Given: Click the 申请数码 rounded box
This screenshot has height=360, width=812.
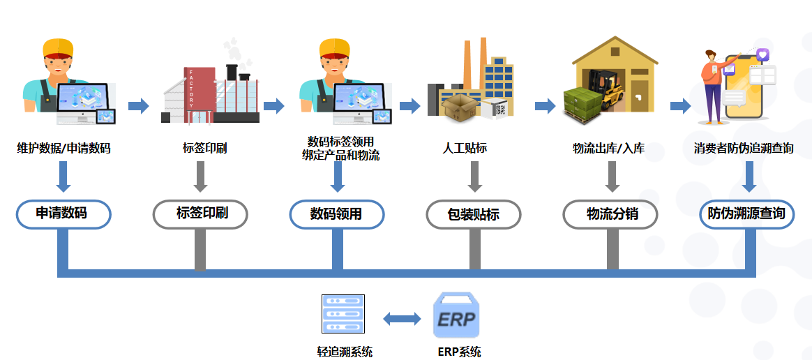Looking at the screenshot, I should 63,213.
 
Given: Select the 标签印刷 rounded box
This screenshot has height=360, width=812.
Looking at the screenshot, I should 200,213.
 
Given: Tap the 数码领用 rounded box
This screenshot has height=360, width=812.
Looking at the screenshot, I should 337,214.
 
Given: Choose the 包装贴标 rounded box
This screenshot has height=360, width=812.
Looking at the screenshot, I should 474,214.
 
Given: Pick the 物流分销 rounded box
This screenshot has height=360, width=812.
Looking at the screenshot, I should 610,214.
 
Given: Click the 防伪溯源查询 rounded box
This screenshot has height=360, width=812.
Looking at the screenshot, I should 747,214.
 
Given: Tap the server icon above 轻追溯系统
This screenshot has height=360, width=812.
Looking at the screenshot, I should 343,314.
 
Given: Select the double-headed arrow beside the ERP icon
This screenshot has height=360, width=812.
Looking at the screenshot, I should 403,319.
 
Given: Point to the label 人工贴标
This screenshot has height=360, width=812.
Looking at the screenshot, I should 465,149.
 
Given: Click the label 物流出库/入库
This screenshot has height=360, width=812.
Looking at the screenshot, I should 608,149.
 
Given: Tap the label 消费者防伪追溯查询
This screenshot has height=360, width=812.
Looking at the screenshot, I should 744,149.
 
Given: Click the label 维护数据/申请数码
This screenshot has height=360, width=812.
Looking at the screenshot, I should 63,149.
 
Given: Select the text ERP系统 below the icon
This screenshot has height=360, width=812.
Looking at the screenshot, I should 459,351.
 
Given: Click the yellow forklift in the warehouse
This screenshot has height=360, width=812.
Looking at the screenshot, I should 611,87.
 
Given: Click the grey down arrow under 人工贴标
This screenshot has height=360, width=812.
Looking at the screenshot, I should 474,177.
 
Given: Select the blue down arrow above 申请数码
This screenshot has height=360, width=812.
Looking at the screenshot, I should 63,177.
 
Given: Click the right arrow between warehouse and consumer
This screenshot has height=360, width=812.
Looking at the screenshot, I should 680,106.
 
